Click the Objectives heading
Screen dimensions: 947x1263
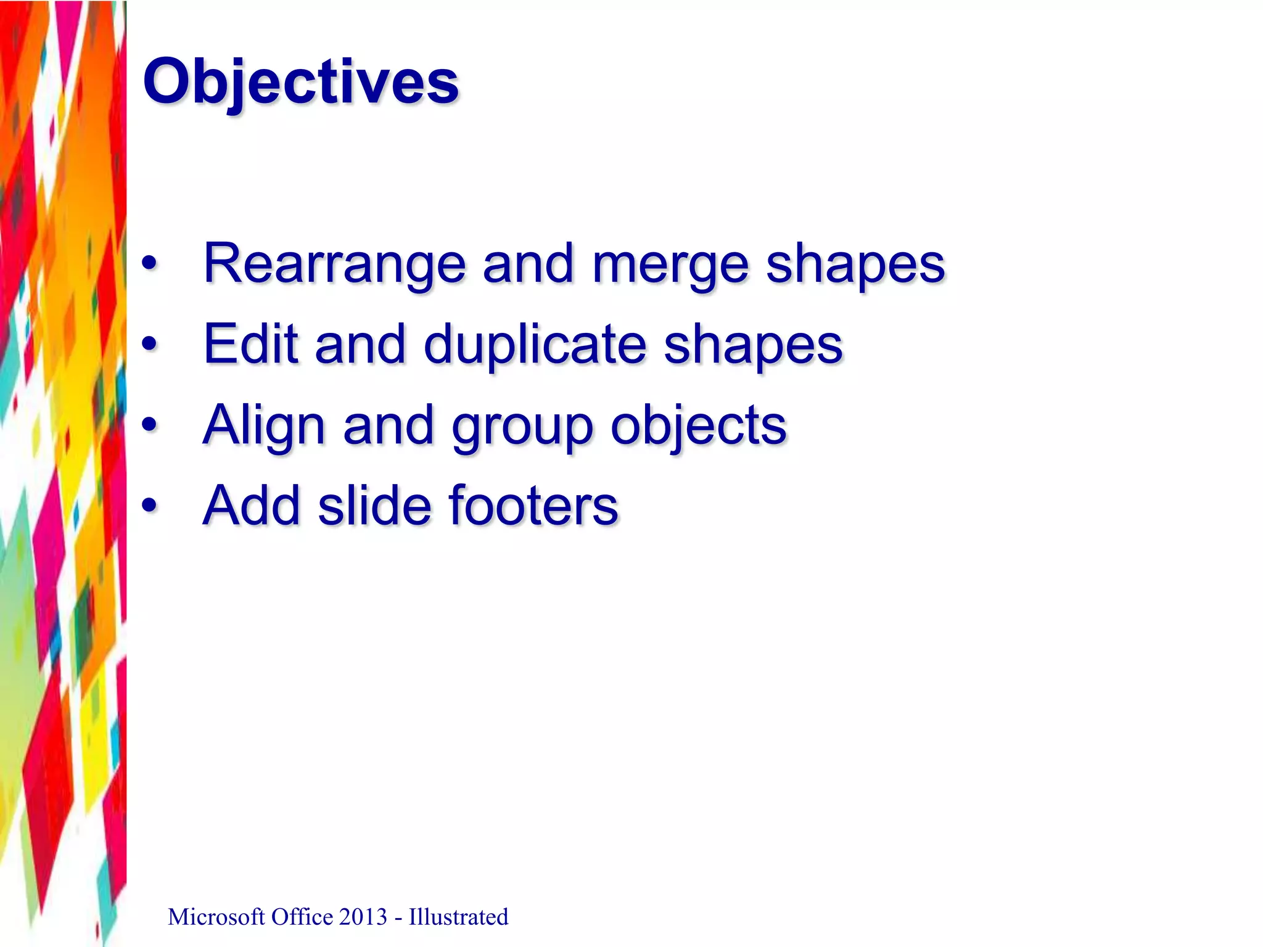pyautogui.click(x=300, y=81)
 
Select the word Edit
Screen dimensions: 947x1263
pyautogui.click(x=250, y=344)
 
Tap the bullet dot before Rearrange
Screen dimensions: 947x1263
pyautogui.click(x=149, y=264)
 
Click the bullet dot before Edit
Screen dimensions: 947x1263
pyautogui.click(x=149, y=344)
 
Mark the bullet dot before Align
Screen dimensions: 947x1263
pyautogui.click(x=149, y=425)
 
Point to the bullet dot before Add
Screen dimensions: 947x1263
pyautogui.click(x=149, y=506)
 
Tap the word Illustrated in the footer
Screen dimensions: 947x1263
pyautogui.click(x=458, y=917)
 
